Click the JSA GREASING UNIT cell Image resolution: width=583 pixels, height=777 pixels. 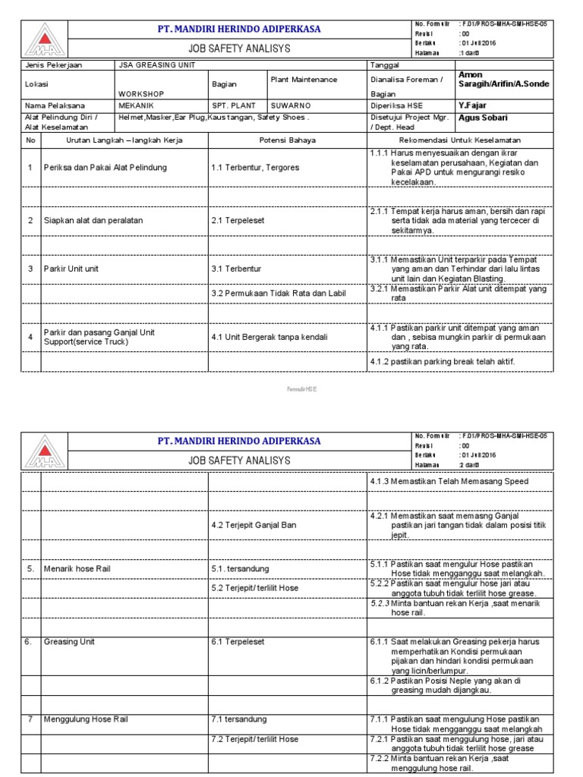click(x=157, y=66)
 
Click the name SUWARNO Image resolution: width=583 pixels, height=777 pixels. click(x=289, y=105)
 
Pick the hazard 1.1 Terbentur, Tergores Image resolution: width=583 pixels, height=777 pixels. click(x=255, y=167)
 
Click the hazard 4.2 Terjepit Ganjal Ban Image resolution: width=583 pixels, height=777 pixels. click(x=254, y=525)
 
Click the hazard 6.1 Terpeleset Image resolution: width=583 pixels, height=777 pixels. click(x=238, y=641)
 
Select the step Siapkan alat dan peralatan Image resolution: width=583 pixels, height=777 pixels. click(x=93, y=220)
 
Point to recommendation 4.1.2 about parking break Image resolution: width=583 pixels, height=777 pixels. click(x=443, y=362)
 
